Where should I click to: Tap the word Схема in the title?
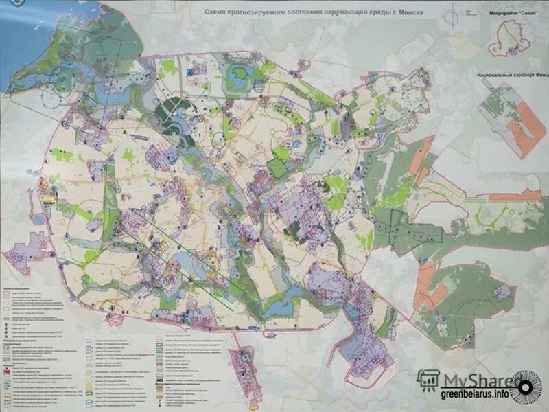tap(219, 12)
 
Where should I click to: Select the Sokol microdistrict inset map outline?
tap(509, 38)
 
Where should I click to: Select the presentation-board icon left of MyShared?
tap(429, 380)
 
